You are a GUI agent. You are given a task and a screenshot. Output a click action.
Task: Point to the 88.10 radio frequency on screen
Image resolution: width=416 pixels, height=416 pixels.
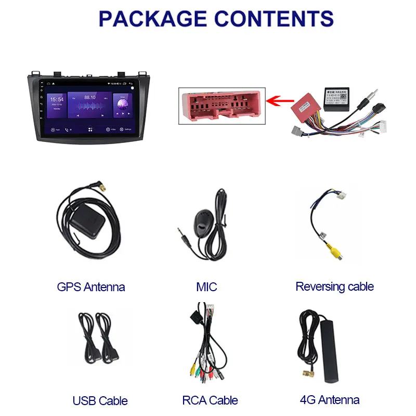click(x=90, y=97)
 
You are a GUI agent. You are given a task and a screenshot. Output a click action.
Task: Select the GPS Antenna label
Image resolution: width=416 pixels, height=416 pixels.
click(x=91, y=287)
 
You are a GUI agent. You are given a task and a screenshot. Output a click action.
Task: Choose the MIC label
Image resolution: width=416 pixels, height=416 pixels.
click(x=206, y=287)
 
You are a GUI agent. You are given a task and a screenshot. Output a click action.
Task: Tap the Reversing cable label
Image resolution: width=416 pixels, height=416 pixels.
click(x=334, y=287)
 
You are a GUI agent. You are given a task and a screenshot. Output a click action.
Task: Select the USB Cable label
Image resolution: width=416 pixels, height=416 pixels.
click(x=100, y=400)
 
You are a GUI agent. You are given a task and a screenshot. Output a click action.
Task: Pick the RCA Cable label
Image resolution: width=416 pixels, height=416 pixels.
click(x=210, y=400)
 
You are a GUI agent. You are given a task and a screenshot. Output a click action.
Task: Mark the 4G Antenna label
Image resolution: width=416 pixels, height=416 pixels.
click(x=330, y=399)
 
